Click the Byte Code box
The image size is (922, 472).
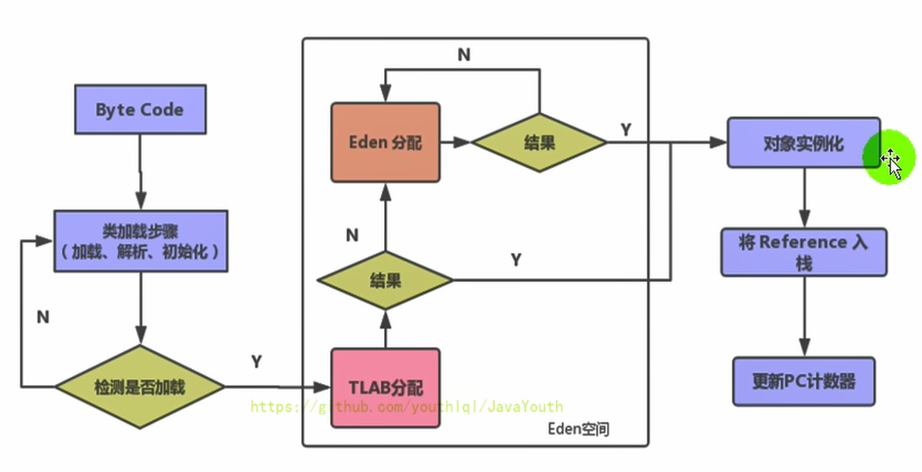coord(140,109)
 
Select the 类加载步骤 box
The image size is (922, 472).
coord(141,241)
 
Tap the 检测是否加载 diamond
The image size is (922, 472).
coord(140,386)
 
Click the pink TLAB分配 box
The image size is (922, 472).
coord(385,388)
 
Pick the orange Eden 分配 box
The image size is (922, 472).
coord(385,142)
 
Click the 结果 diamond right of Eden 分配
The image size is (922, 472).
coord(539,142)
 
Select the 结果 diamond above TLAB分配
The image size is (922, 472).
coord(385,280)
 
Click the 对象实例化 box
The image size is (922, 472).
coord(803,144)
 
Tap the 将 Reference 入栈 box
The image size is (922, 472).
coord(803,251)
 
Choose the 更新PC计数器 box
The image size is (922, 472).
coord(803,382)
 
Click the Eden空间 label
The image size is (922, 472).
coord(578,429)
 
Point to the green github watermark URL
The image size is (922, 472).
coord(407,407)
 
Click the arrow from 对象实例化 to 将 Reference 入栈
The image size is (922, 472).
coord(803,197)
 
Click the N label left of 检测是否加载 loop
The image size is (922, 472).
coord(43,316)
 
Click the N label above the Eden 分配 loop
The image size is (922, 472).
coord(464,54)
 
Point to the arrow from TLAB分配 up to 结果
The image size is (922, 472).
coord(385,328)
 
